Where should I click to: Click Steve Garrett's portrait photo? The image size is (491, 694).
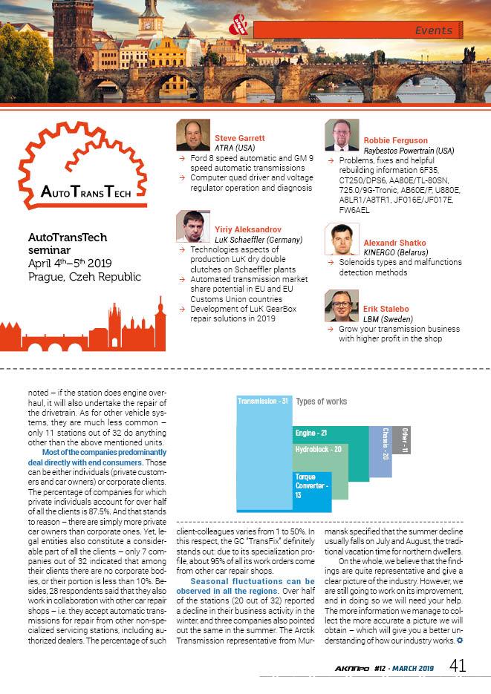(x=193, y=135)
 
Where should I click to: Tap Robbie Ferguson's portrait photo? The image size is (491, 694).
(x=342, y=136)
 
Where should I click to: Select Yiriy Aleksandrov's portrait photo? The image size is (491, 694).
(x=193, y=227)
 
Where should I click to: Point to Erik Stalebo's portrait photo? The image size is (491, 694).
(x=342, y=306)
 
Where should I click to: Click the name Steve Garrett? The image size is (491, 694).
(x=240, y=138)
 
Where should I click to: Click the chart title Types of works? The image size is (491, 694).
(x=321, y=402)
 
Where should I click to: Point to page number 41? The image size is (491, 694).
(x=458, y=666)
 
